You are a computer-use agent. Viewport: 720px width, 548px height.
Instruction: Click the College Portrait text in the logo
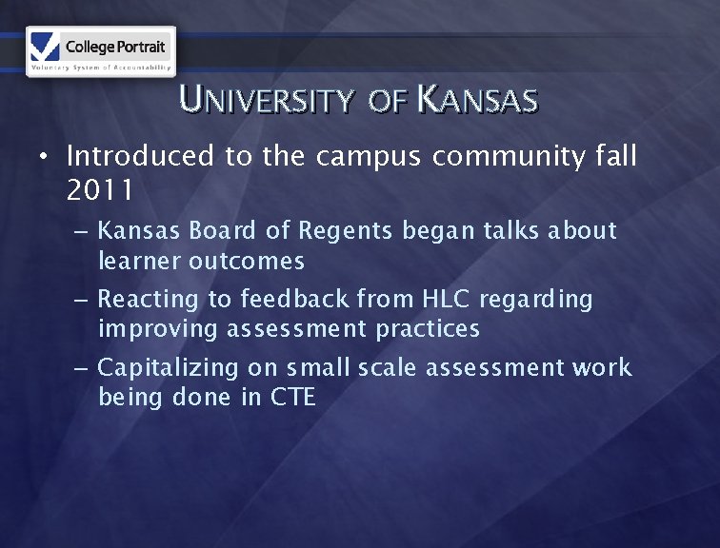115,46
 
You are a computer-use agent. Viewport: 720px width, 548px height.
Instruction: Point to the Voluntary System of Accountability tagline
101,68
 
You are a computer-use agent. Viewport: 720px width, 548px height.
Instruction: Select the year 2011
100,190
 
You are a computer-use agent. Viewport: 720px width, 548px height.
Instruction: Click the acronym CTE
292,397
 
